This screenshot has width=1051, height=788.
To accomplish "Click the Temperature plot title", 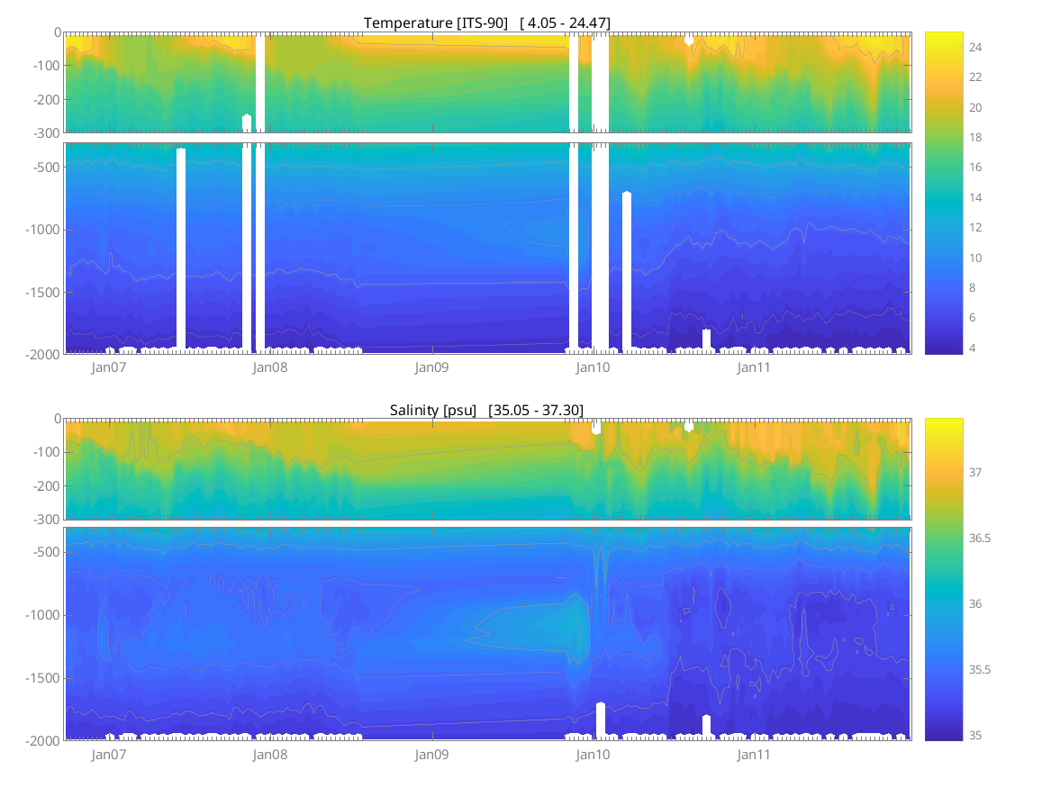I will point(486,23).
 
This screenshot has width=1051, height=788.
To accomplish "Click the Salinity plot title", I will point(486,410).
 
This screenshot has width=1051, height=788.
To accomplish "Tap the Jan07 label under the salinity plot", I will point(108,755).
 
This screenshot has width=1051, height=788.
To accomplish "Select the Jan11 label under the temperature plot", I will point(754,367).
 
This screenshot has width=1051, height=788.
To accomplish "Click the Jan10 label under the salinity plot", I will point(593,755).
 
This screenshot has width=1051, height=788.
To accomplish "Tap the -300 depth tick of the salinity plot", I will point(45,520).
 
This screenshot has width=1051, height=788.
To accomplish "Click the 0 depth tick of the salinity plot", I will point(56,419).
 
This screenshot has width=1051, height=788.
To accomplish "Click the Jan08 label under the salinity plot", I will point(269,755).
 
